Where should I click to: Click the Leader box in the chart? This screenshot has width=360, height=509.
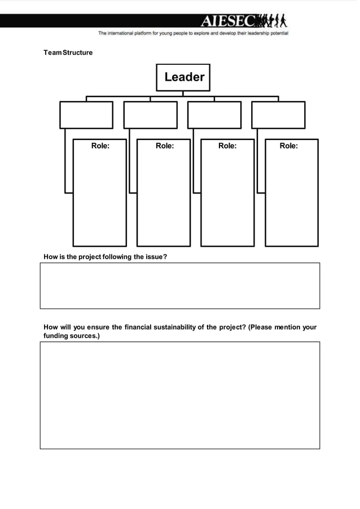[183, 77]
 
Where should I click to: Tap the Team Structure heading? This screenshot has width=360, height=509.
[68, 52]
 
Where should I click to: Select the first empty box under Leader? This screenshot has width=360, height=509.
[86, 115]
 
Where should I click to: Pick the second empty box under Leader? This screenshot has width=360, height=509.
[150, 115]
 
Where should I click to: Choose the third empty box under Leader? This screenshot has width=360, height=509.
[214, 115]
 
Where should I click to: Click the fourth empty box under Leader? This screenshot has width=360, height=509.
[278, 115]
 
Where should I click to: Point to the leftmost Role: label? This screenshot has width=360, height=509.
[100, 146]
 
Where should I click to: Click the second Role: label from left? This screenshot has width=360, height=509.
[164, 146]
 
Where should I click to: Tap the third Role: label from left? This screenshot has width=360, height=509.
[227, 146]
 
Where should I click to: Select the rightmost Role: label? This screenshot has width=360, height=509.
[288, 146]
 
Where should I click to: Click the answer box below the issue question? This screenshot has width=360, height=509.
[179, 286]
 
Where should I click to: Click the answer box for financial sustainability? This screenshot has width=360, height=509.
[179, 395]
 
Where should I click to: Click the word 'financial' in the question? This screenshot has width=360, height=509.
[138, 327]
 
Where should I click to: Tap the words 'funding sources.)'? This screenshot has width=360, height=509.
[72, 336]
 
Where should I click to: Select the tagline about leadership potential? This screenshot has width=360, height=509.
[193, 33]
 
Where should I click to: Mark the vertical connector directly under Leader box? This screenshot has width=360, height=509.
[183, 94]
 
